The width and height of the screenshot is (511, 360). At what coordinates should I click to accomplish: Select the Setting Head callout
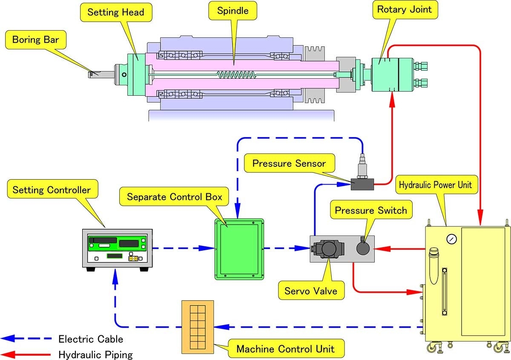(115, 12)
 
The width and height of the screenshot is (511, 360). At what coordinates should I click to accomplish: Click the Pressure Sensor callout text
(289, 163)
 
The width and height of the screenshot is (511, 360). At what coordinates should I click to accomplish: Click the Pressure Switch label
(370, 210)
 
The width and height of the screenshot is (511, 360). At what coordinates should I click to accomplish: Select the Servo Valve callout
(310, 291)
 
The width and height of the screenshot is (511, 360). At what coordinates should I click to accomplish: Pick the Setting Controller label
(52, 189)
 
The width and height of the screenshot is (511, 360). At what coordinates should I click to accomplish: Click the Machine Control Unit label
(285, 349)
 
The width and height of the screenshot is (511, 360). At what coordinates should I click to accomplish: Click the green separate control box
(239, 249)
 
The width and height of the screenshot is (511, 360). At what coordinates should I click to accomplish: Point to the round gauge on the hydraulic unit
(451, 239)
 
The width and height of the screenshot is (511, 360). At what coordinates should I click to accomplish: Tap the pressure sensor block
(362, 184)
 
